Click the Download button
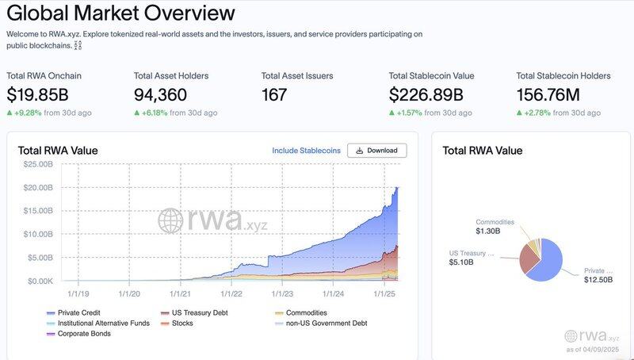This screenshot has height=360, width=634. click(377, 151)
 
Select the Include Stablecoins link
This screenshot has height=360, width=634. click(306, 151)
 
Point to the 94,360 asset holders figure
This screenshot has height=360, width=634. click(162, 95)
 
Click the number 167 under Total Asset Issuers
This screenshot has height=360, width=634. click(275, 95)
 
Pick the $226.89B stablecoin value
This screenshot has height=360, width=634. click(426, 95)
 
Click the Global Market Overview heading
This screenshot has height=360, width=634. click(120, 13)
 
